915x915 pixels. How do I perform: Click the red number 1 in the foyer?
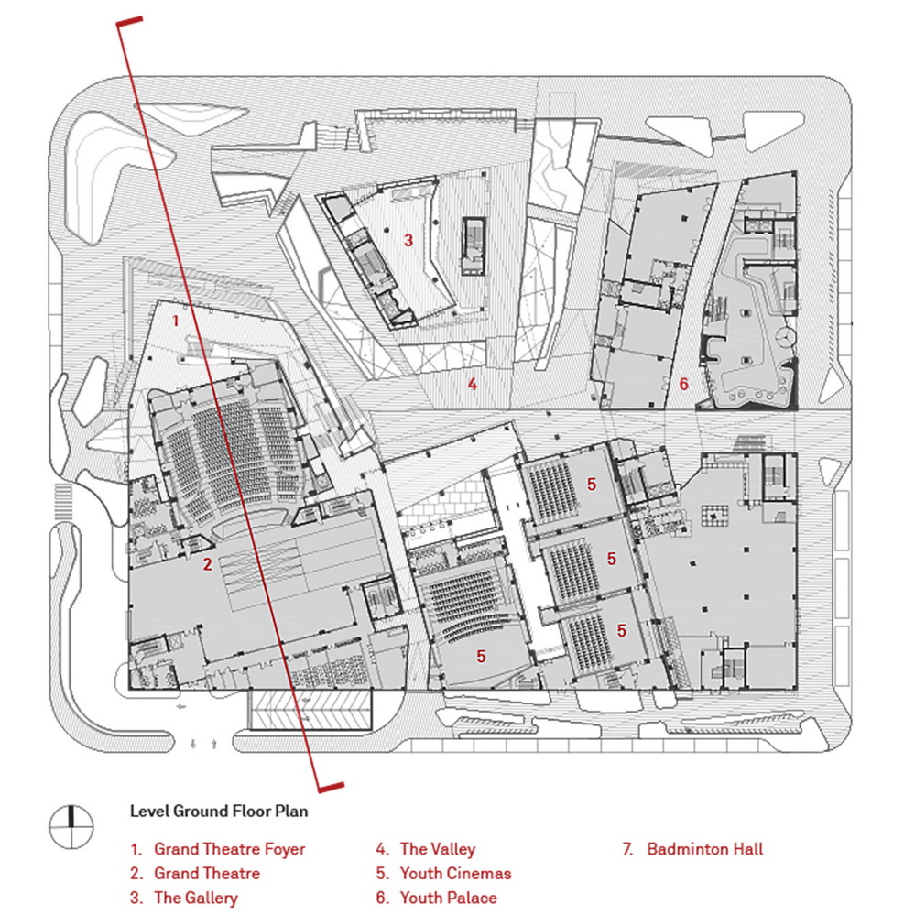click(176, 321)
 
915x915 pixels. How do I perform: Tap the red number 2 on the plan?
click(208, 564)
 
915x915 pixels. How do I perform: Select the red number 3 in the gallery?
click(408, 241)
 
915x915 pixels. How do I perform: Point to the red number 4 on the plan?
click(472, 385)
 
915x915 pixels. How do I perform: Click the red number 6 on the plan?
click(683, 385)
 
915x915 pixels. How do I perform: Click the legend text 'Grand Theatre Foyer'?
click(229, 849)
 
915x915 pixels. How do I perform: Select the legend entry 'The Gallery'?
click(195, 898)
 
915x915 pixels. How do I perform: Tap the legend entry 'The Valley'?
click(438, 849)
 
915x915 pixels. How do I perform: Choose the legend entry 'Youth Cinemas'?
click(455, 873)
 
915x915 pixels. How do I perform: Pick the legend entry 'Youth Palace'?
click(448, 898)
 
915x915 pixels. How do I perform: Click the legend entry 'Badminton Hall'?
click(704, 849)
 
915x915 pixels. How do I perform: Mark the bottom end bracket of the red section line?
click(329, 786)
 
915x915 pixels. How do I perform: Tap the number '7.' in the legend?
click(627, 849)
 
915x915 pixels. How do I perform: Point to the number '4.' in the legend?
click(382, 849)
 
